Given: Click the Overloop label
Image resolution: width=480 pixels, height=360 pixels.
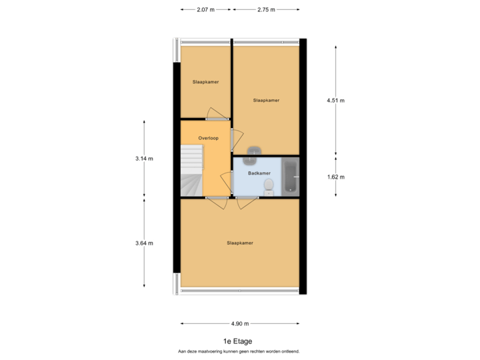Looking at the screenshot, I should (209, 138).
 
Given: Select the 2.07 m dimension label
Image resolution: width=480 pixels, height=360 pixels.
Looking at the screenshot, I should (205, 9).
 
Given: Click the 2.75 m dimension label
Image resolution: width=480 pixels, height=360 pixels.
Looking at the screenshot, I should (266, 9).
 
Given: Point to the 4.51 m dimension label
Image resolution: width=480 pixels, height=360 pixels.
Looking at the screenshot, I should (335, 100).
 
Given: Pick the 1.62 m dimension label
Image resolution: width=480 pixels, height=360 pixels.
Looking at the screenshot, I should (335, 177).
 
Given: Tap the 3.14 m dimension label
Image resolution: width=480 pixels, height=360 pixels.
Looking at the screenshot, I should (144, 158).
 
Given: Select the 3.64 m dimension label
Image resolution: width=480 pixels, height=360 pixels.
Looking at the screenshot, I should (144, 243).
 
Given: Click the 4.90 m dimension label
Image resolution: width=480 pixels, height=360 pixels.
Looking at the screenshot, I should (240, 323).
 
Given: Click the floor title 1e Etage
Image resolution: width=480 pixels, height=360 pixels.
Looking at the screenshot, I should (238, 341).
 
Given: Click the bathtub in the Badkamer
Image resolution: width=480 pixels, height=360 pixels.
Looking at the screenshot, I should (290, 176).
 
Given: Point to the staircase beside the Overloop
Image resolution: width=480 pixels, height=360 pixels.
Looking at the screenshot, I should (191, 171).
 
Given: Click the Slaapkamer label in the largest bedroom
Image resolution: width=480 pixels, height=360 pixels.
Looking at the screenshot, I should (239, 243).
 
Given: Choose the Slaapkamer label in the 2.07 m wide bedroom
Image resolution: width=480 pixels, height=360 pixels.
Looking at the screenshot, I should (206, 82).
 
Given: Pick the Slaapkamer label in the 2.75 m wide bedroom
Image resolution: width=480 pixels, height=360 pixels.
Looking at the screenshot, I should (266, 100).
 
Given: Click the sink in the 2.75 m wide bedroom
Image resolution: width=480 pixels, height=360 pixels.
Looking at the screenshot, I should (253, 150).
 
